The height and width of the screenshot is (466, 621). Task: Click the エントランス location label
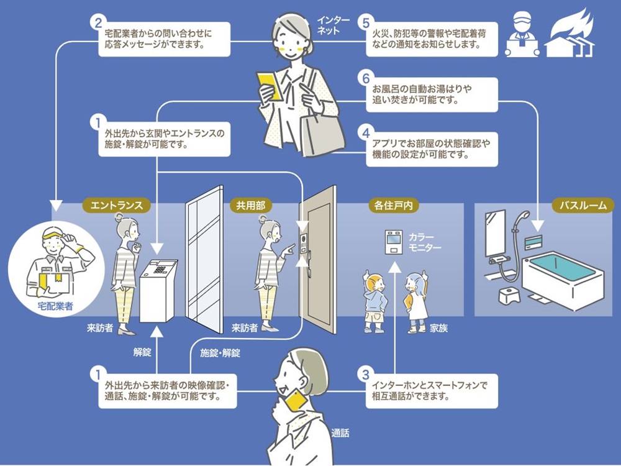[117, 204]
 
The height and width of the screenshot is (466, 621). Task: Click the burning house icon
[571, 36]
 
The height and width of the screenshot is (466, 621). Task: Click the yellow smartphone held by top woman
[270, 87]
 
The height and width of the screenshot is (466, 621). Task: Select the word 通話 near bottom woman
[340, 433]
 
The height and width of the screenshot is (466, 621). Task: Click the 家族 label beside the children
[438, 328]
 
